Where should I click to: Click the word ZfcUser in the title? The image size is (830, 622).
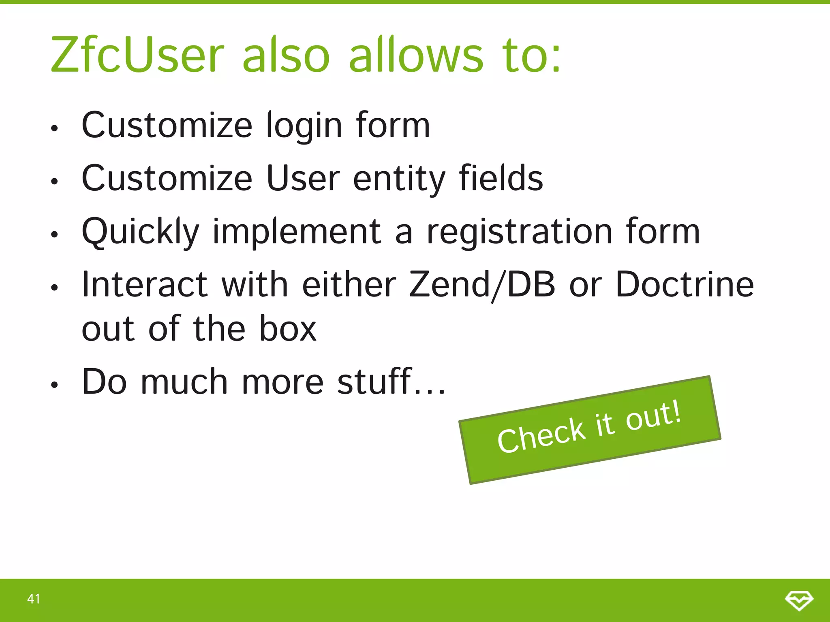pos(137,55)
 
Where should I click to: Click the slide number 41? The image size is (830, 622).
pos(34,599)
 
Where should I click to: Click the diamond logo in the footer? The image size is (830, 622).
pos(799,600)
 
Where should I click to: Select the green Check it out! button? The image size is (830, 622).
pos(590,430)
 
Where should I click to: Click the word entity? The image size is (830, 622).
pos(399,179)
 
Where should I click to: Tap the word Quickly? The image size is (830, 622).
pos(141,232)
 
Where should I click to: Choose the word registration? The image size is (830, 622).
pos(520,232)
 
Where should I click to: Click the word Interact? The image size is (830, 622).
pos(145,284)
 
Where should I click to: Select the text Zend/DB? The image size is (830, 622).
pos(482,285)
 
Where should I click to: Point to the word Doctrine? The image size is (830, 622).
pos(685,284)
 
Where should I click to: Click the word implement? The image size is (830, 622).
pos(297,232)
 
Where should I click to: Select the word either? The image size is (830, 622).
pos(349,284)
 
